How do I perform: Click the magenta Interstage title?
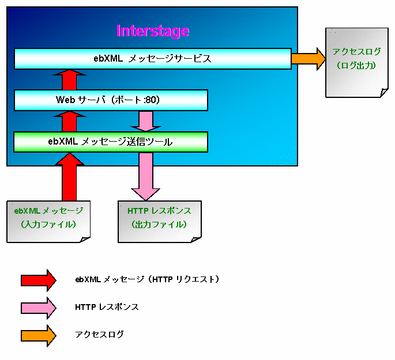[x=153, y=31]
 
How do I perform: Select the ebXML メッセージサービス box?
[x=153, y=59]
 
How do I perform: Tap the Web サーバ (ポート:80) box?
[x=111, y=100]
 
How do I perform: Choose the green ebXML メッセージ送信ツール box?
[x=111, y=142]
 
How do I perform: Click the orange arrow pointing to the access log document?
[x=309, y=59]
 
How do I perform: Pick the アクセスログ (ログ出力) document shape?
[x=357, y=62]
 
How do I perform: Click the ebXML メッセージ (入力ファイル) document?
[x=48, y=221]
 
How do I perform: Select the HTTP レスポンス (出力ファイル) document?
[x=160, y=221]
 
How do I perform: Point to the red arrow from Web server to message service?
[x=69, y=79]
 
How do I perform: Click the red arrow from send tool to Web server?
[x=69, y=122]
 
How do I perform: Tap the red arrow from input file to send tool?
[x=69, y=177]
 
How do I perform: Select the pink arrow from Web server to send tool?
[x=146, y=122]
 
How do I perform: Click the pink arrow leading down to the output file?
[x=146, y=177]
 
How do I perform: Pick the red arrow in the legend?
[x=39, y=281]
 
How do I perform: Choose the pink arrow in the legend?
[x=39, y=308]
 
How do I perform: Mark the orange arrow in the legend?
[x=39, y=336]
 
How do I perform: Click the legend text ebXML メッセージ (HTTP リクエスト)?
[x=147, y=279]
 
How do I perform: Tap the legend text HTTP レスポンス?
[x=107, y=307]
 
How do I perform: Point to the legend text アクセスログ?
[x=99, y=335]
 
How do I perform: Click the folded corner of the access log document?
[x=384, y=93]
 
